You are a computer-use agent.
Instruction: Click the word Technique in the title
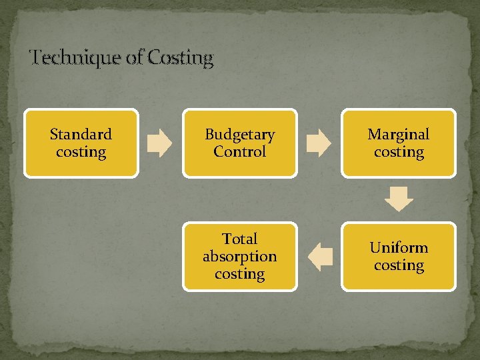(x=77, y=59)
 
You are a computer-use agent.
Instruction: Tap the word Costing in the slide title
(x=181, y=59)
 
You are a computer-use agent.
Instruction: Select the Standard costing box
(x=81, y=143)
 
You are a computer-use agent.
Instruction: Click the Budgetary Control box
(x=239, y=143)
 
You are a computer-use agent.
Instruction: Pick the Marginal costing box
(x=399, y=143)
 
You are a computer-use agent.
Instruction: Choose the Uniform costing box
(x=399, y=257)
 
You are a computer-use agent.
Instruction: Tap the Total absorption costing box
(x=239, y=257)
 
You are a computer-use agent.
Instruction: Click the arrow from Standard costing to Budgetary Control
(x=160, y=143)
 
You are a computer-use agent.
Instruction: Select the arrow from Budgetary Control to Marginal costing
(x=319, y=143)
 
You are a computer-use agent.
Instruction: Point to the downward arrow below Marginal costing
(x=399, y=199)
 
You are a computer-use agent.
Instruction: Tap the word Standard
(x=81, y=135)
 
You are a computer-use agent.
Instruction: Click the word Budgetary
(x=239, y=135)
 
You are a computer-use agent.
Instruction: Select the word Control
(x=239, y=152)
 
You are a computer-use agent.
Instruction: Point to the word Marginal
(x=399, y=135)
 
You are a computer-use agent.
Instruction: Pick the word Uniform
(x=399, y=248)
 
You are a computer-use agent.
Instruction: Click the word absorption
(x=239, y=257)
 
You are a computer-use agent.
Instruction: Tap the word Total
(x=239, y=239)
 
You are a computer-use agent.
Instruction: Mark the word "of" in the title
(x=134, y=59)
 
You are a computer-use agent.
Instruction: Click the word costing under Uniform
(x=399, y=265)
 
